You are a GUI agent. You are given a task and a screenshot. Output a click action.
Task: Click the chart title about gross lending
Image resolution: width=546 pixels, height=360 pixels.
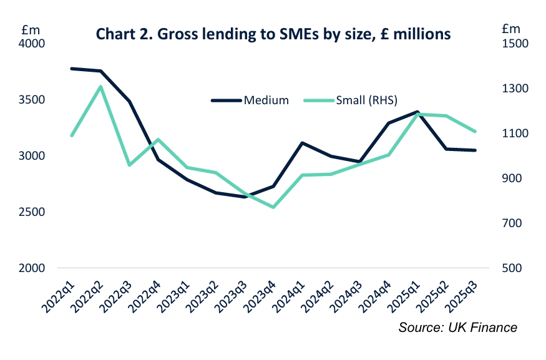tap(273, 34)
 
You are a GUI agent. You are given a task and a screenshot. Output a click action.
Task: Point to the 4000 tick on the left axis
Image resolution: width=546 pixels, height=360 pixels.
tap(33, 44)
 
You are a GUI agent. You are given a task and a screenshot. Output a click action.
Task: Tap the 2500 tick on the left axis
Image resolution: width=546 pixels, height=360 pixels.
tap(33, 212)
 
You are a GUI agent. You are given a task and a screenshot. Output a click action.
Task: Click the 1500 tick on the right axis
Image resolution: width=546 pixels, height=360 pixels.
tap(514, 44)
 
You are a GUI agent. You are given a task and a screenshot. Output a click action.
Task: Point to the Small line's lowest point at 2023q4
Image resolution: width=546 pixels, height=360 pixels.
tap(273, 207)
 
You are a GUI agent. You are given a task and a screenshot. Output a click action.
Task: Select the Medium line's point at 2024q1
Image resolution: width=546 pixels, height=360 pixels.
tap(302, 143)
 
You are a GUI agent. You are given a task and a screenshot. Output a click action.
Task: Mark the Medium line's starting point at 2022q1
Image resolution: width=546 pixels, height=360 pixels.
tap(72, 69)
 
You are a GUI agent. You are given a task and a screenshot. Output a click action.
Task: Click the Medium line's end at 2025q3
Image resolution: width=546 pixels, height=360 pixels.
tap(475, 150)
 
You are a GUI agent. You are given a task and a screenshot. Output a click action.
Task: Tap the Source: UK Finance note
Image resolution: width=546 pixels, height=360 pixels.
tap(458, 328)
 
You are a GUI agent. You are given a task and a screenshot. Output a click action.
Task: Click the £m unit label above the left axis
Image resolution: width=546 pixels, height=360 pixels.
tap(30, 28)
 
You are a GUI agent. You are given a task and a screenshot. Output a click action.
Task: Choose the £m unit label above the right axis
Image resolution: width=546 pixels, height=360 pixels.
tap(510, 28)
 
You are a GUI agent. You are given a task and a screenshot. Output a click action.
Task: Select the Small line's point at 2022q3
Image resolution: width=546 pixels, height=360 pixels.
tap(130, 165)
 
